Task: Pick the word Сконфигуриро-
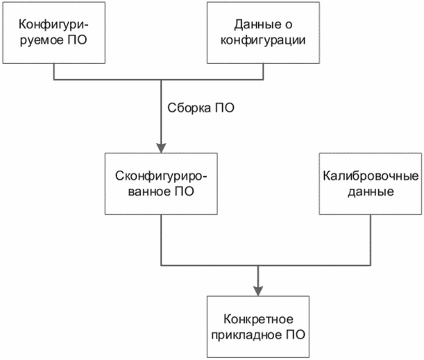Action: tap(161, 176)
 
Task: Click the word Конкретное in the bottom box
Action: tap(258, 319)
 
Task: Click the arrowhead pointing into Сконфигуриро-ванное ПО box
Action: tap(161, 148)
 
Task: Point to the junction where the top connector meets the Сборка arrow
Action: tap(161, 78)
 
